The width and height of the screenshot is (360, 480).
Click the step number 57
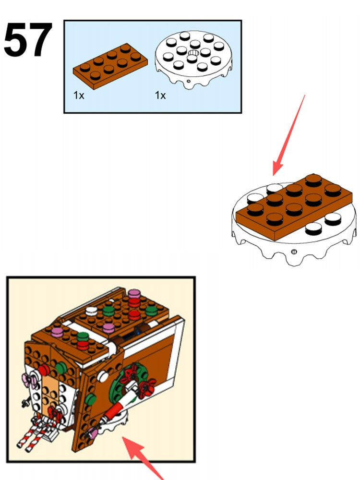click(x=27, y=40)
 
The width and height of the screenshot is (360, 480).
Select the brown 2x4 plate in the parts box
click(x=110, y=66)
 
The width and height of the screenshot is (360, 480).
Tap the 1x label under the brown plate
click(x=79, y=96)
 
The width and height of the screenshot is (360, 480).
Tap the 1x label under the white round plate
click(x=160, y=96)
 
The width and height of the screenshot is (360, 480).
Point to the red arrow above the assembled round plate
click(x=289, y=135)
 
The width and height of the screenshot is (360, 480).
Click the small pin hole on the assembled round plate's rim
click(x=294, y=252)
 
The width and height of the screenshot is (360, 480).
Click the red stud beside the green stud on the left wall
click(x=44, y=370)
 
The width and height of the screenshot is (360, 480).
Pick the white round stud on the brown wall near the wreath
click(x=103, y=376)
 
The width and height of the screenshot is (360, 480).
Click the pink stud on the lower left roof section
click(x=57, y=332)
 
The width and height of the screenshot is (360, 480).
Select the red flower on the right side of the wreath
click(x=147, y=386)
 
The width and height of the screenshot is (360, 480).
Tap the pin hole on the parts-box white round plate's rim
click(x=189, y=82)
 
